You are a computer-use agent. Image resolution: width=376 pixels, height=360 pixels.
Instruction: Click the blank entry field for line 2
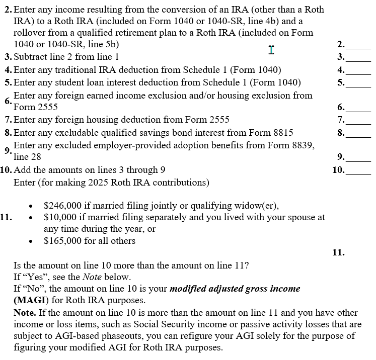pyautogui.click(x=359, y=46)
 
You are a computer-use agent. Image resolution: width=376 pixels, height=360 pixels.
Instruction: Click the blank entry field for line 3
pyautogui.click(x=359, y=57)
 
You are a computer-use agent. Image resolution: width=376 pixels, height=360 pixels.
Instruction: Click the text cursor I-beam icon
pyautogui.click(x=271, y=50)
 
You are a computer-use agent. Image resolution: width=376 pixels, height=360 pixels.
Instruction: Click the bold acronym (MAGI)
pyautogui.click(x=30, y=301)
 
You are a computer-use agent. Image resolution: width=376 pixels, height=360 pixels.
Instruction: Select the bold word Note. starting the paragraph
pyautogui.click(x=25, y=313)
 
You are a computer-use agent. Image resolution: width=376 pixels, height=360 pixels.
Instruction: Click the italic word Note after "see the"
pyautogui.click(x=92, y=277)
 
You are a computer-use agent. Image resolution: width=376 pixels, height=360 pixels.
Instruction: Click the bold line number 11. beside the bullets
pyautogui.click(x=7, y=218)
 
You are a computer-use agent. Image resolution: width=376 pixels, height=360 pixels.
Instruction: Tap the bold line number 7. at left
pyautogui.click(x=8, y=120)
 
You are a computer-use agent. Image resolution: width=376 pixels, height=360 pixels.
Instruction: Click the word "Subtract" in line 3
pyautogui.click(x=30, y=57)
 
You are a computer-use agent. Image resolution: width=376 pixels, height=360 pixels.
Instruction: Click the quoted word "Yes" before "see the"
pyautogui.click(x=33, y=277)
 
